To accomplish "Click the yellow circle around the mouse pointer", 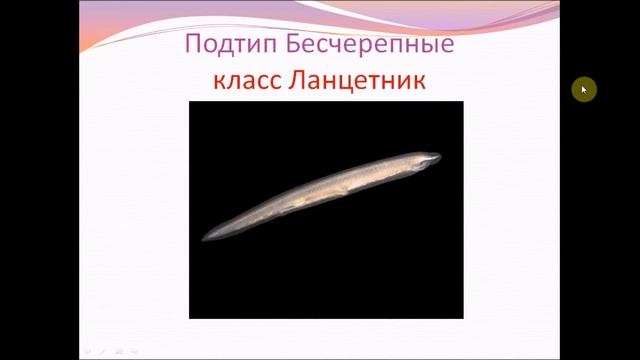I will (583, 90).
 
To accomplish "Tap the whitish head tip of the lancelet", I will (433, 157).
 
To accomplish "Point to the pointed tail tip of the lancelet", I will (205, 240).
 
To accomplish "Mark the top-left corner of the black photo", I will (190, 101).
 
